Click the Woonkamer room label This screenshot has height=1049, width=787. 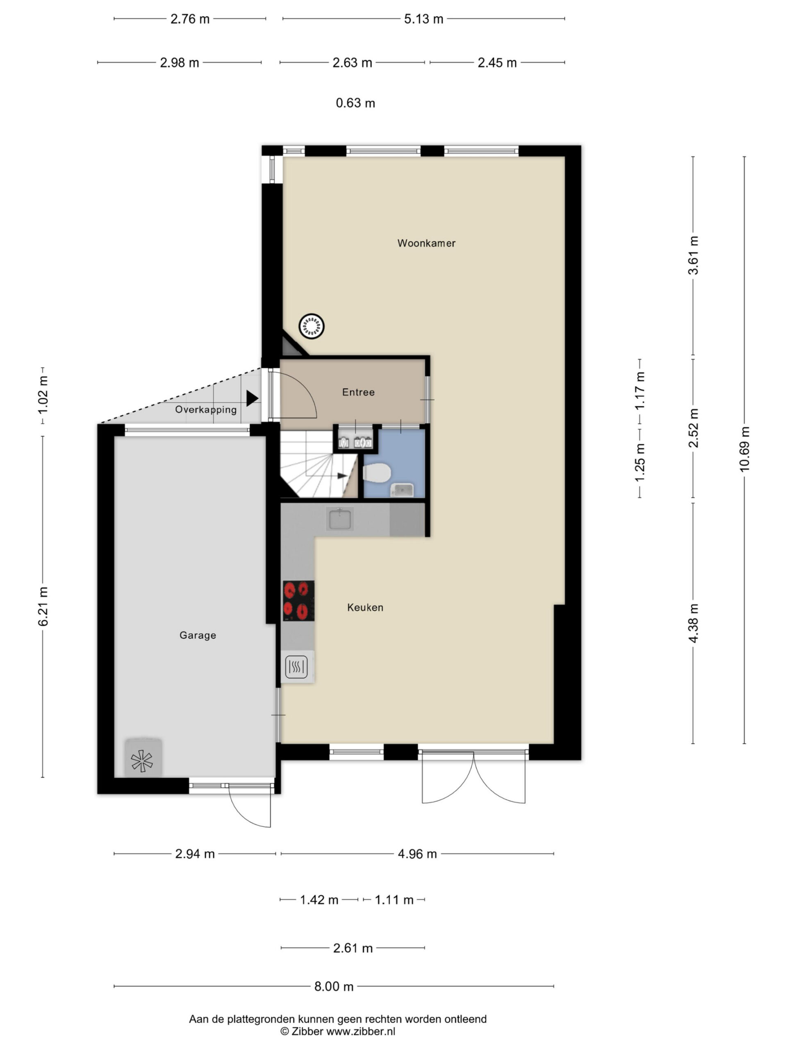click(426, 243)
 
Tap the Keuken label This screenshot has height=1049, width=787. click(365, 608)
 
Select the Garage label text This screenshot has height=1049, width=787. click(197, 635)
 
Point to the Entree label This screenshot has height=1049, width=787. click(358, 392)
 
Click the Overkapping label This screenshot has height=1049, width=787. click(206, 410)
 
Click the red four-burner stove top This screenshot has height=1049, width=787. click(298, 601)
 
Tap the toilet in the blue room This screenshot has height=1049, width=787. click(377, 473)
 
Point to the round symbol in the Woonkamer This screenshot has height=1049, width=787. click(311, 326)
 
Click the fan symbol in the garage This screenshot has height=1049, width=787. click(142, 761)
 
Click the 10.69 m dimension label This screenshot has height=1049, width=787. click(744, 449)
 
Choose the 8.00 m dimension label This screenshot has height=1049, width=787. click(334, 986)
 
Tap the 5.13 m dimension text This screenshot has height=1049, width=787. click(423, 19)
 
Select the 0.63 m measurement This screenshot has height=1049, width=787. click(355, 103)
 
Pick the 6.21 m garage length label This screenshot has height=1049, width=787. click(43, 606)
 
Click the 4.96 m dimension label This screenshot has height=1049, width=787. click(417, 854)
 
